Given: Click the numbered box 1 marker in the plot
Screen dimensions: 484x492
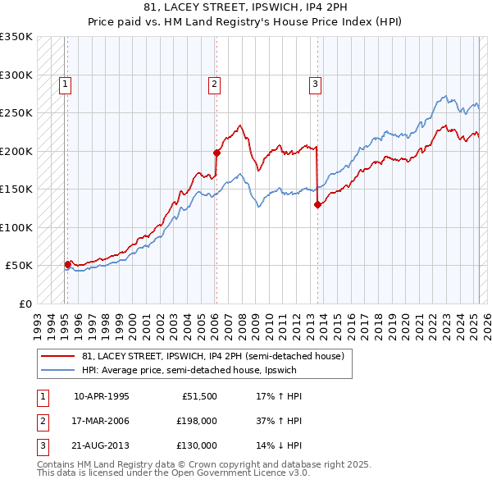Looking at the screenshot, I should pyautogui.click(x=64, y=83).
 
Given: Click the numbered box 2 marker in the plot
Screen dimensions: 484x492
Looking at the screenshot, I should pyautogui.click(x=214, y=83).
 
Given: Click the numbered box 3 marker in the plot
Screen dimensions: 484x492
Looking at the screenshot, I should pyautogui.click(x=316, y=83).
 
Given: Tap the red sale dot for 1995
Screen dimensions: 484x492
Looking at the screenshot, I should pyautogui.click(x=67, y=264).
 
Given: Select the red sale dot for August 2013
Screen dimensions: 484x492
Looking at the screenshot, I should pyautogui.click(x=317, y=205).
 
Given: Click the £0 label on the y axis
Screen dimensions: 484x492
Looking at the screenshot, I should pyautogui.click(x=24, y=304).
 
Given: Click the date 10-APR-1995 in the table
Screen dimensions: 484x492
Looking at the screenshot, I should pyautogui.click(x=102, y=396).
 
